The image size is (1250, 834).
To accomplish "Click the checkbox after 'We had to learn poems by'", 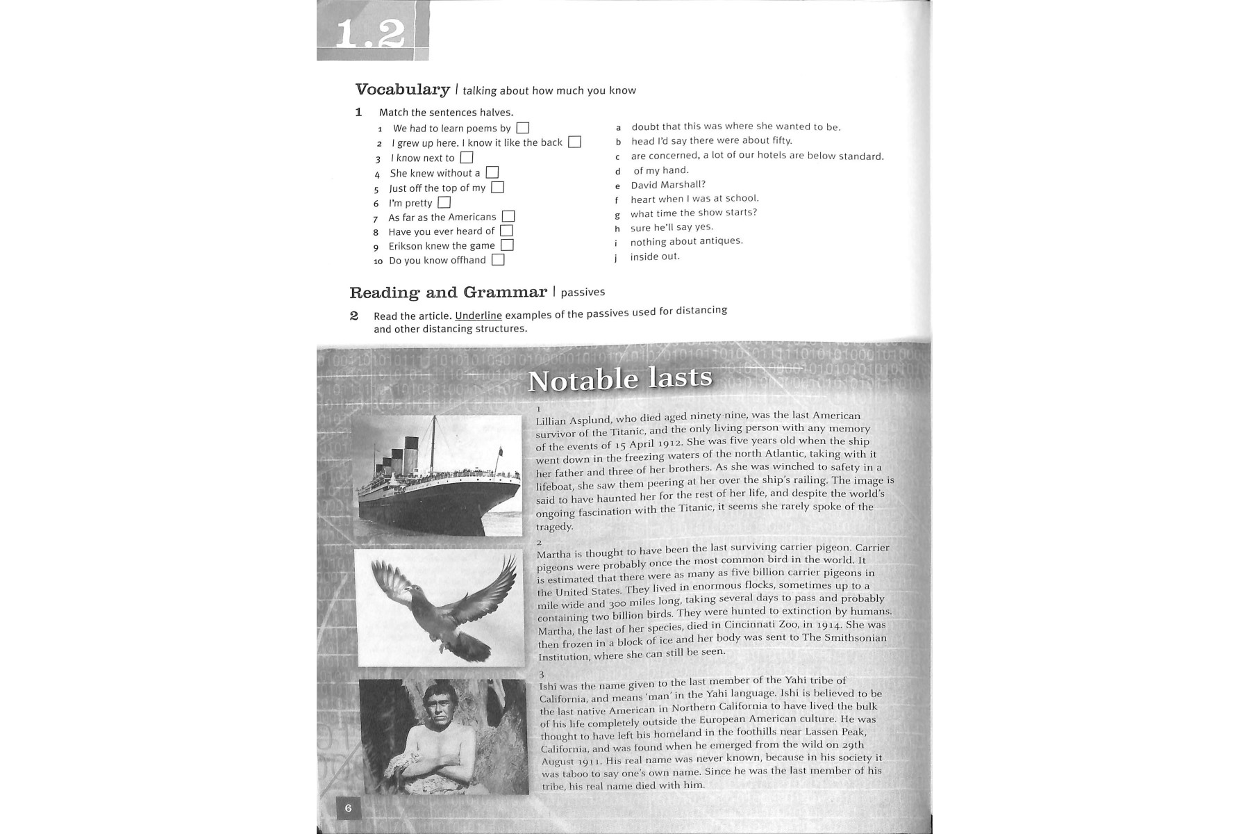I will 523,128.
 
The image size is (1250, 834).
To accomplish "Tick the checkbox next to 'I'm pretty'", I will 444,202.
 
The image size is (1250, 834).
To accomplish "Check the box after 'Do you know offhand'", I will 498,260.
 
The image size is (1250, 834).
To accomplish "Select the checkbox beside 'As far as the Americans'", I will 508,217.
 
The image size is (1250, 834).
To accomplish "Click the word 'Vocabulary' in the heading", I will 402,90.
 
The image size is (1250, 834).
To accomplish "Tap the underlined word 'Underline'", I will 478,316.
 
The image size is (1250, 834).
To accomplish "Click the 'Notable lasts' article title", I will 619,379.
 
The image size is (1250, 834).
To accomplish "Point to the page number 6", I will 348,808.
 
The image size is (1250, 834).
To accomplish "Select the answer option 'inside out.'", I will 655,256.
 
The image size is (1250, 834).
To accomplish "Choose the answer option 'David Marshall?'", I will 667,185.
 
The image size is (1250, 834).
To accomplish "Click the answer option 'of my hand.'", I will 660,170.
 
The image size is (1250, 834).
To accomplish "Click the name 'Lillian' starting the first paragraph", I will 551,421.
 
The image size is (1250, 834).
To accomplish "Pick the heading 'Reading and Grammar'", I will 448,293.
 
